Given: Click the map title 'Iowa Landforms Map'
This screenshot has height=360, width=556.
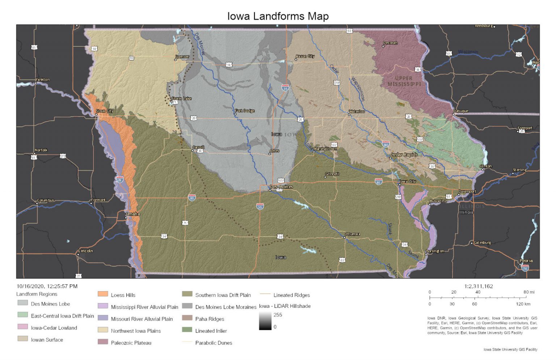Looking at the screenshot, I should [x=278, y=16].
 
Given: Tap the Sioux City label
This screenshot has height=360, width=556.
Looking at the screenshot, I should [x=105, y=111].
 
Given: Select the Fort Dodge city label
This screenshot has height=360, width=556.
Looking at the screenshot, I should [x=245, y=111].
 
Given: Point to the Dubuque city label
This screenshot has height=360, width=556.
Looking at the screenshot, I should [x=461, y=111].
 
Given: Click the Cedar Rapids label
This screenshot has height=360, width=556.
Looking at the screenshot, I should [x=404, y=155].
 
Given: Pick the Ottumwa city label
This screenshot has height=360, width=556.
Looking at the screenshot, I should [x=352, y=234].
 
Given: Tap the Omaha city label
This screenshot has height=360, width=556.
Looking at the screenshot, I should [x=133, y=214].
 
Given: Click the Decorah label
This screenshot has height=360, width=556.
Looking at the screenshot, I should [x=390, y=43].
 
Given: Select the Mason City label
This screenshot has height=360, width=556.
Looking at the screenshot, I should [x=305, y=56].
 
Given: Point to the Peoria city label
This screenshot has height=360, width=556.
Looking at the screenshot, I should [x=526, y=261].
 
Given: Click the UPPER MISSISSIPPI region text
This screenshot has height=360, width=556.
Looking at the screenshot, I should [x=404, y=81].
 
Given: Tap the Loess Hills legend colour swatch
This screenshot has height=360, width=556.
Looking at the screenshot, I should [x=103, y=294].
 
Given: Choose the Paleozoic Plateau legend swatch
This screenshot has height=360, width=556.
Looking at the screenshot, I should [x=103, y=342].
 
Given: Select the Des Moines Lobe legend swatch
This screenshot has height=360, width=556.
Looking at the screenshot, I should [x=22, y=303].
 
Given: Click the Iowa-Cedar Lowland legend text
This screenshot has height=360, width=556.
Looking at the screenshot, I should [x=54, y=328].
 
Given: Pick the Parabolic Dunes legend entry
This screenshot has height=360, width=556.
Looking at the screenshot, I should [x=214, y=343].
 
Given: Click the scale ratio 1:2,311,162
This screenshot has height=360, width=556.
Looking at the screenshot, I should [x=479, y=286].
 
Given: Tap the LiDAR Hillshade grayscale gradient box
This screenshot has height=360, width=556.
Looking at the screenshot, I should [x=265, y=321].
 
